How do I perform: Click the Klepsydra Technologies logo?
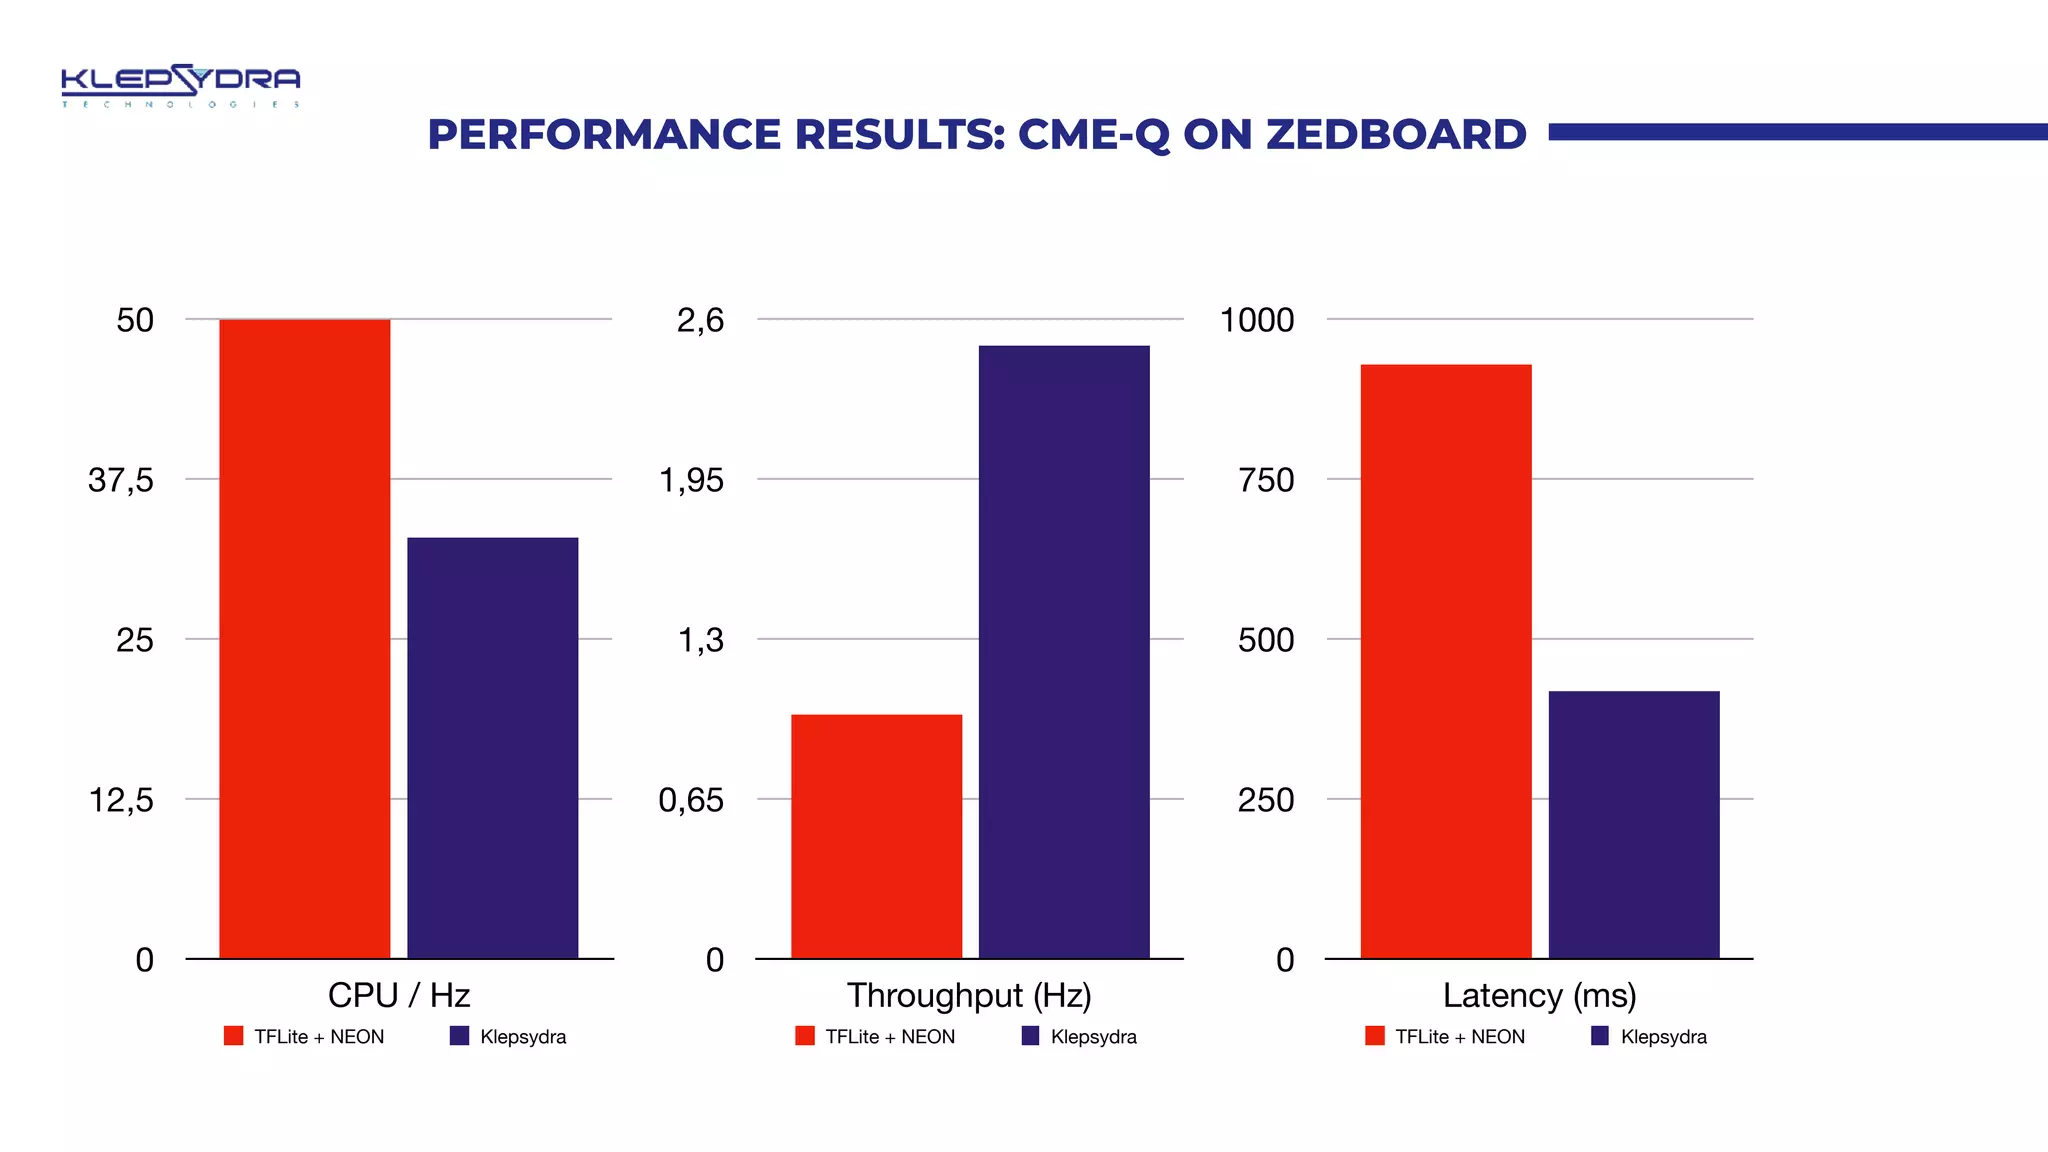(x=180, y=85)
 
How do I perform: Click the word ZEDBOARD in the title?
(x=1396, y=134)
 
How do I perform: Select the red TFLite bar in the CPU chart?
(x=304, y=640)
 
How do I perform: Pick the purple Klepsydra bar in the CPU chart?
(x=492, y=748)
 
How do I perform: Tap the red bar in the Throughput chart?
(x=876, y=836)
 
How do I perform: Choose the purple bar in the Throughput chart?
(x=1064, y=652)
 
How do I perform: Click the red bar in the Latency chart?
(x=1446, y=662)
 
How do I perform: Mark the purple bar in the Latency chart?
(x=1634, y=824)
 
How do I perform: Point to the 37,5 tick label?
(x=121, y=480)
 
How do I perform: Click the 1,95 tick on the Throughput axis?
(x=691, y=480)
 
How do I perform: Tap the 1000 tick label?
(x=1257, y=320)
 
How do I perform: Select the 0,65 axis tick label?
(x=691, y=800)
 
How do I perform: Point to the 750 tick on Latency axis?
(x=1266, y=480)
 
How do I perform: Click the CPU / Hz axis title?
(x=399, y=995)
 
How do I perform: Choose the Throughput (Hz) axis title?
(x=969, y=995)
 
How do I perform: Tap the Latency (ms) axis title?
(x=1539, y=995)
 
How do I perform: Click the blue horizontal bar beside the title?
(x=1797, y=132)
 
